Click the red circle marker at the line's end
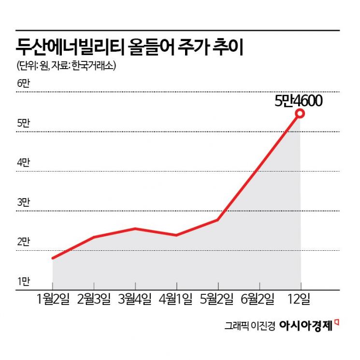(x=300, y=114)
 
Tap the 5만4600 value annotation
(x=298, y=101)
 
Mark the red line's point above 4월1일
(x=176, y=235)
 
